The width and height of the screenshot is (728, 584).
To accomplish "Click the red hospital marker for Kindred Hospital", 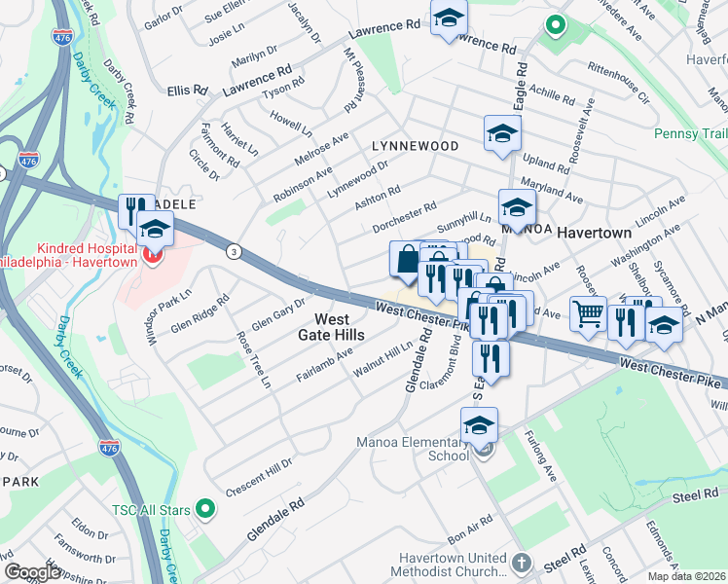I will [151, 255].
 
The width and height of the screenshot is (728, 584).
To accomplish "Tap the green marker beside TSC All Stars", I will [205, 507].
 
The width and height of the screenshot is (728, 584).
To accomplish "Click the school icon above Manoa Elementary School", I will [479, 425].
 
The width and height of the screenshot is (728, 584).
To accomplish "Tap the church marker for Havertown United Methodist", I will [522, 564].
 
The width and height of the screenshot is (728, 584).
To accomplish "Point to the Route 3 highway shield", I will [233, 251].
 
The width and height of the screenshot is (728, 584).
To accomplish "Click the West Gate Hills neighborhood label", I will [331, 327].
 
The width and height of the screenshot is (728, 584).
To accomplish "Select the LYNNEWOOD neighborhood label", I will [416, 146].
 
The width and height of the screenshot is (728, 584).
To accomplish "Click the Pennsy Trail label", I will [690, 133].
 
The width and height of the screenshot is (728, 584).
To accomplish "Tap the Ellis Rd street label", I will [187, 90].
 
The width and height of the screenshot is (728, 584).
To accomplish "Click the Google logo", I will [32, 572].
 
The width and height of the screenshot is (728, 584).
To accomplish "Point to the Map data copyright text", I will [687, 576].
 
